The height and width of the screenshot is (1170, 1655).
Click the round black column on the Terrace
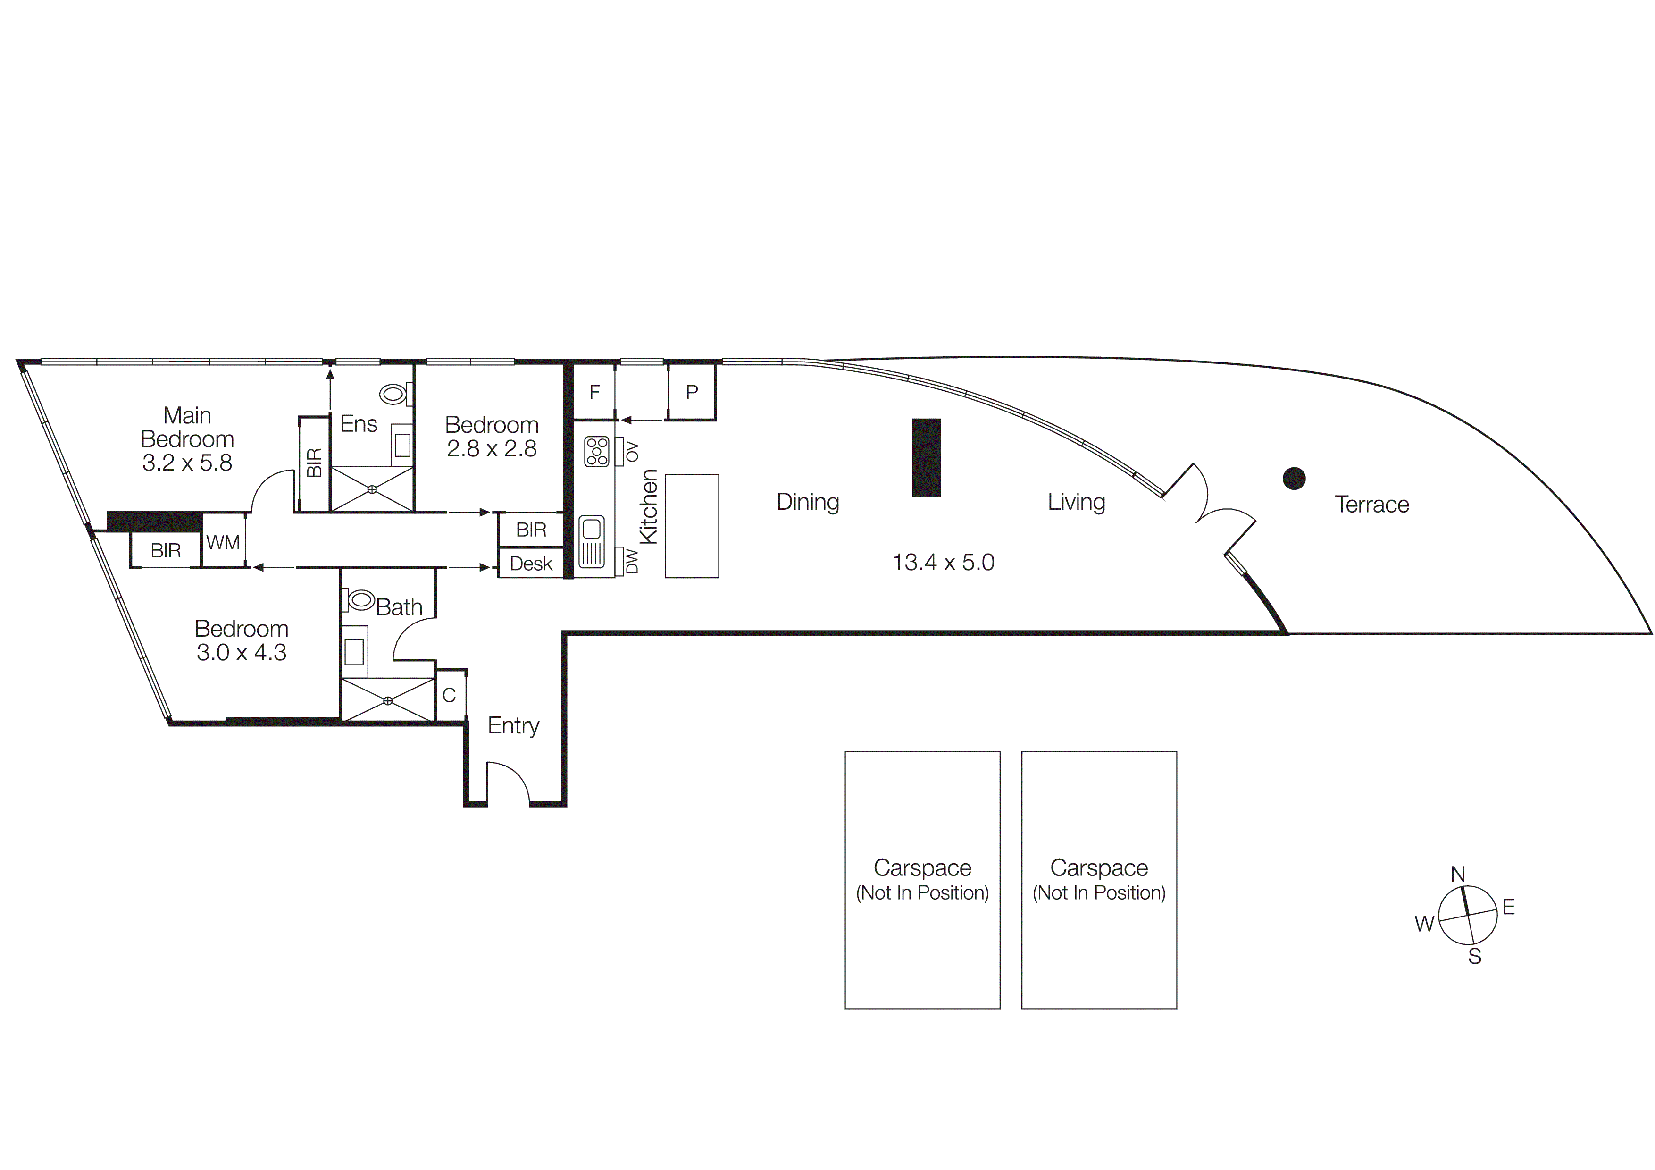(1294, 478)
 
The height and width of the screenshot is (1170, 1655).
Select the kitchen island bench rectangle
(691, 525)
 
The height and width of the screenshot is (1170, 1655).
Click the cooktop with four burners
(597, 451)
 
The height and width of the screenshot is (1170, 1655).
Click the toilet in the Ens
(393, 394)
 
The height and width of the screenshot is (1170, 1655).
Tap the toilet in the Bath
(360, 599)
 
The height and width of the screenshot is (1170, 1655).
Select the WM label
(223, 542)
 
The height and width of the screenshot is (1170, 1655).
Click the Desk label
(531, 564)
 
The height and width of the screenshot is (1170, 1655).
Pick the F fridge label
(594, 392)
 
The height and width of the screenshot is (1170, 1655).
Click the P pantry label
(691, 392)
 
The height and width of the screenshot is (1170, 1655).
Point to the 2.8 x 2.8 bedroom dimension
(492, 448)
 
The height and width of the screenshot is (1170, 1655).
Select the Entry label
(513, 725)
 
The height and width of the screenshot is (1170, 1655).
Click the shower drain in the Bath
(388, 700)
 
